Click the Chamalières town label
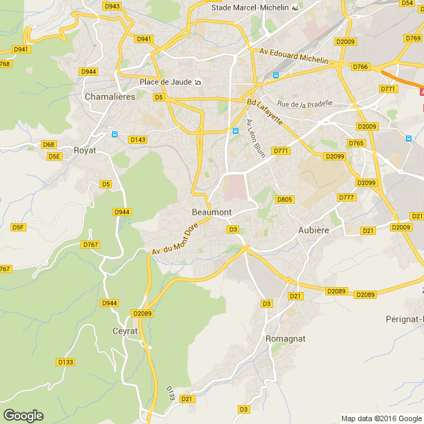coord(110,97)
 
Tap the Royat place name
coord(85,149)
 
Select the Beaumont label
coord(211,212)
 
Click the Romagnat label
coord(285,339)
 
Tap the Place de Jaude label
coord(166,82)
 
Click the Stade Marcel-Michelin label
coord(251,7)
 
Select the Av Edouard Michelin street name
coord(293,56)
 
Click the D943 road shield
coord(111,6)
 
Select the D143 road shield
coord(138,140)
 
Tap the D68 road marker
coord(48,145)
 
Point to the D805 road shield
coord(284,199)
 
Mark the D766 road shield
coord(360,67)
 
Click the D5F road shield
coord(18,227)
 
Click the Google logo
coord(23,416)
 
